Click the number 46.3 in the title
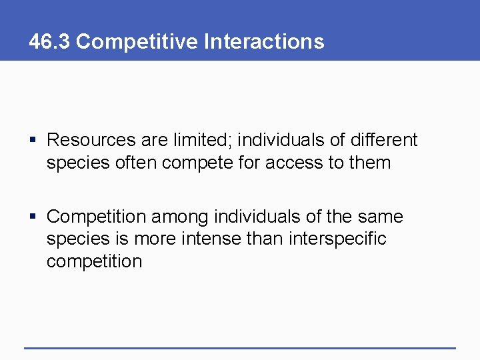pyautogui.click(x=50, y=41)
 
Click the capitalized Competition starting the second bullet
pyautogui.click(x=97, y=217)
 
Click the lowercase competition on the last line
pyautogui.click(x=94, y=261)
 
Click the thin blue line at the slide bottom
pyautogui.click(x=240, y=347)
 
